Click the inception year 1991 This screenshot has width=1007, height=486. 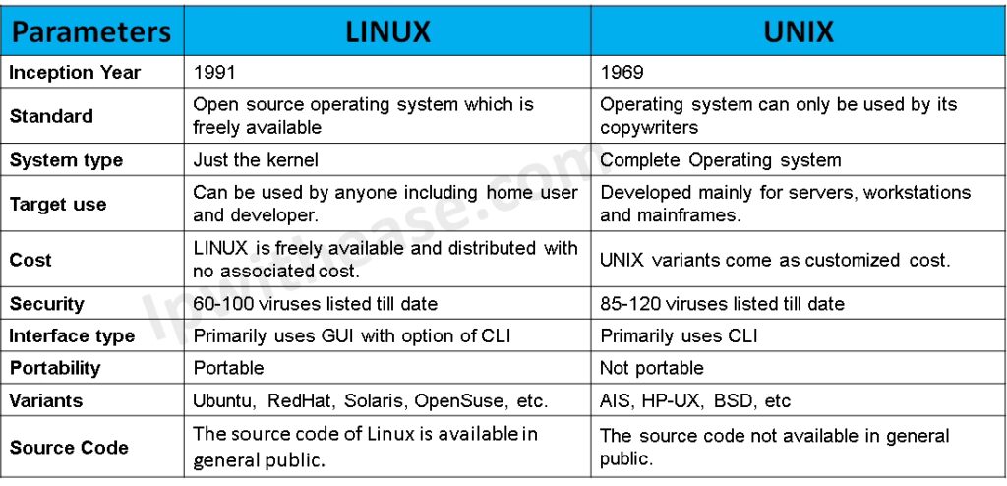coord(213,73)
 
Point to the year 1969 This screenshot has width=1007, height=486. coord(622,73)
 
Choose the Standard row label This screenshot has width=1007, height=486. coord(51,116)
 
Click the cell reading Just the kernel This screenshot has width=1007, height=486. coord(256,159)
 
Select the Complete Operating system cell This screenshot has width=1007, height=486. coord(721,160)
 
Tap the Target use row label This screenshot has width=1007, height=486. coord(58,205)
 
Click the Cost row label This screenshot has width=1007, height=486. coord(30,261)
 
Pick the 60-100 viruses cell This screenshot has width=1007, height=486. coord(316,303)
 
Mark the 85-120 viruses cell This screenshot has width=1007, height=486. coord(723,303)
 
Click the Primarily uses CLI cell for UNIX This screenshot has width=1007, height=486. coord(679,335)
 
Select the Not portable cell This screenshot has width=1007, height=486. coord(652,368)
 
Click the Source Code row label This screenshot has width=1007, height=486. coord(69,448)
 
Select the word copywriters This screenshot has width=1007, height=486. coord(649,127)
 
